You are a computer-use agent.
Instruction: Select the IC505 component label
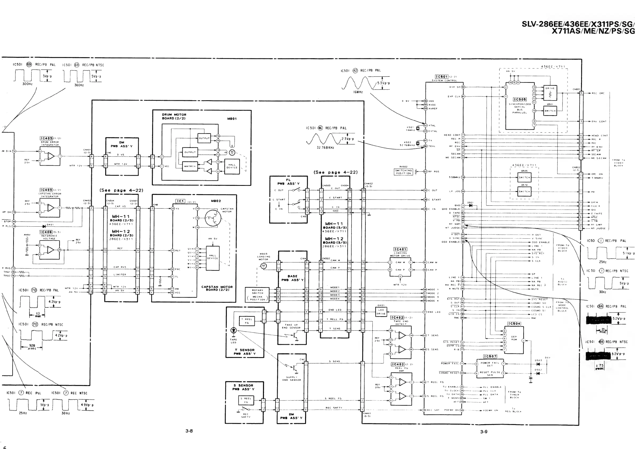point(520,99)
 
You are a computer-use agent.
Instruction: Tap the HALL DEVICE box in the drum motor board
point(232,166)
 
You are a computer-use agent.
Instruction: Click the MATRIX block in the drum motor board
point(190,166)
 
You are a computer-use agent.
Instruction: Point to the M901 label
point(232,119)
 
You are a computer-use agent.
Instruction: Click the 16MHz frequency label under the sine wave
point(358,92)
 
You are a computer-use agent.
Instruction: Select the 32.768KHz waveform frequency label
point(325,147)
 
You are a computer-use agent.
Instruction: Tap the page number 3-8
point(189,431)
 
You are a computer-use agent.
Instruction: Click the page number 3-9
point(484,431)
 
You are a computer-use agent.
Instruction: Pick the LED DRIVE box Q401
point(381,312)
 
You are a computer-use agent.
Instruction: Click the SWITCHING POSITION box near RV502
point(404,172)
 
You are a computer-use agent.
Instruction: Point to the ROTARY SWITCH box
point(257,295)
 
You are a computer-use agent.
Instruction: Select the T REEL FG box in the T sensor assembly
point(246,321)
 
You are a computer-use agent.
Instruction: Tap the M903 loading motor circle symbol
point(263,266)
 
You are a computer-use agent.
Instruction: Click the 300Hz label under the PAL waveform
point(27,84)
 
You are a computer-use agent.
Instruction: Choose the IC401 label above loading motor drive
point(400,249)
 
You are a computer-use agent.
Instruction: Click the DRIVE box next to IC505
point(550,92)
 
